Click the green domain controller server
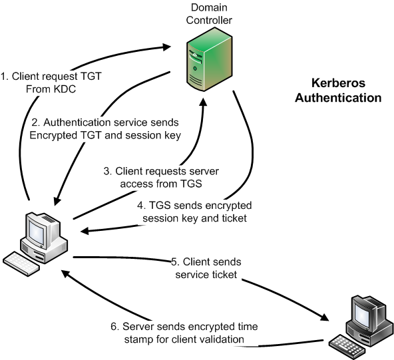[209, 59]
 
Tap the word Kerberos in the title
[338, 83]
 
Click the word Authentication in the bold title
[338, 97]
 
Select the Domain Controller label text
[209, 14]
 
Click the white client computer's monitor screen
[37, 231]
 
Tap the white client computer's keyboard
[21, 264]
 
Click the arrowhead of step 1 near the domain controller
[166, 47]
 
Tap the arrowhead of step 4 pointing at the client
[85, 231]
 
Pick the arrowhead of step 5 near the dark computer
[324, 317]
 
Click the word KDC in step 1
[65, 89]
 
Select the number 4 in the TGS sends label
[140, 205]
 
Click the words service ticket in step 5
[206, 274]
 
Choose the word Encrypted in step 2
[53, 135]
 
